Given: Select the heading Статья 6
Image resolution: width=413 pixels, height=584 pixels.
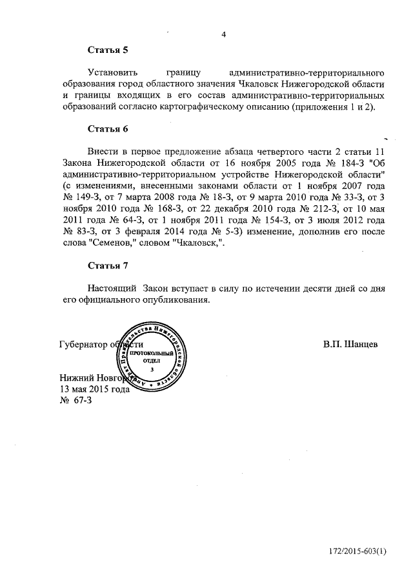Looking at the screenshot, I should pyautogui.click(x=108, y=129).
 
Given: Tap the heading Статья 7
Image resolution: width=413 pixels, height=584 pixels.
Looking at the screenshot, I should pyautogui.click(x=108, y=266).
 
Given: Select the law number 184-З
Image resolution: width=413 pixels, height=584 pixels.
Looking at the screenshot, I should pyautogui.click(x=347, y=163).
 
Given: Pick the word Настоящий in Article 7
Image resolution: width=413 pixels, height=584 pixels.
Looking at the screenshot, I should pyautogui.click(x=112, y=288).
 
